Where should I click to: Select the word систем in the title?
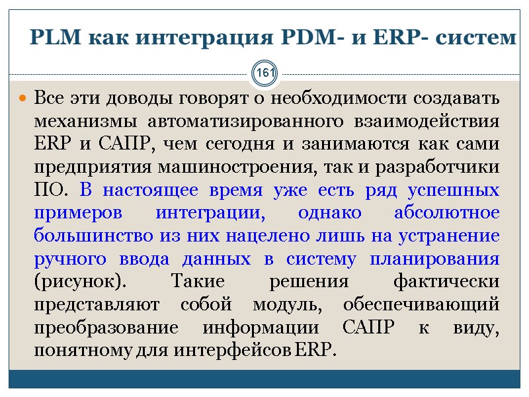click(x=476, y=38)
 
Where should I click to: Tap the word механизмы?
click(x=85, y=123)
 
